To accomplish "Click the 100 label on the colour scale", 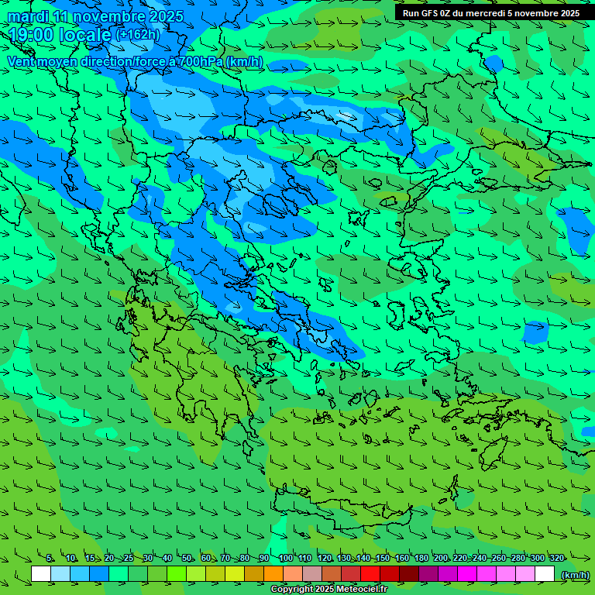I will point(286,559).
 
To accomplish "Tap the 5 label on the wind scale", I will point(50,559).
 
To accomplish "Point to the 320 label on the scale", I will point(556,559).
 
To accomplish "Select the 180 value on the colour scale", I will point(421,559).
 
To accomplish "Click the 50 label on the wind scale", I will point(187,559).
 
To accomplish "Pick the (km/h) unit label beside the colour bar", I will point(575,575).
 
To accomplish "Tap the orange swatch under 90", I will point(273,574).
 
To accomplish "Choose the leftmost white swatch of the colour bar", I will point(41,574).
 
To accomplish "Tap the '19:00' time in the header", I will point(33,35).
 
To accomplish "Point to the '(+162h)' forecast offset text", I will point(137,35).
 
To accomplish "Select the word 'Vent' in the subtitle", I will point(22,61).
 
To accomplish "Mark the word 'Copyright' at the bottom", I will point(293,590).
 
